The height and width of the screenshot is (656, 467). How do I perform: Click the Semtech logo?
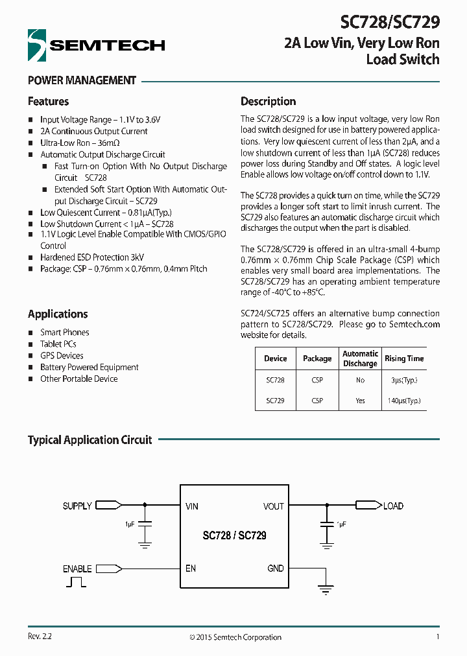click(96, 45)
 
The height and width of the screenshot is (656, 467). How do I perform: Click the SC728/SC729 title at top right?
click(390, 23)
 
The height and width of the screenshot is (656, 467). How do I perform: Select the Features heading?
click(48, 102)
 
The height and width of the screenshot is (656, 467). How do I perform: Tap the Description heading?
click(268, 102)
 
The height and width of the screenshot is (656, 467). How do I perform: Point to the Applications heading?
click(58, 314)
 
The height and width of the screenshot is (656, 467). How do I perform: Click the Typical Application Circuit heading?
click(90, 440)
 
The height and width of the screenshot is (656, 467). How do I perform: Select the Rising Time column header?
click(404, 358)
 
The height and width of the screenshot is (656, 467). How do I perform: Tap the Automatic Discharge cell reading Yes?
click(360, 401)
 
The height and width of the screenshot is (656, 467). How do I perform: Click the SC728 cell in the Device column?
click(275, 381)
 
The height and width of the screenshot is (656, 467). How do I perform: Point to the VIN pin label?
click(192, 506)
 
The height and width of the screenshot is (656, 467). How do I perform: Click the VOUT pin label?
click(273, 506)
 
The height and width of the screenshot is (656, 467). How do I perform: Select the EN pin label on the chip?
click(191, 568)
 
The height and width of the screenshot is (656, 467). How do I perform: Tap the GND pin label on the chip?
click(275, 568)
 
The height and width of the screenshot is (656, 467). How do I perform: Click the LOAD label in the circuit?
click(393, 506)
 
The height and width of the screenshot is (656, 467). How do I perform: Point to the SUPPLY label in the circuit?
click(77, 506)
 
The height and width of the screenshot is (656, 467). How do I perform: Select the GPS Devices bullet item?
click(62, 356)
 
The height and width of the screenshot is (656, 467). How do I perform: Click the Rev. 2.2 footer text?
click(40, 637)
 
